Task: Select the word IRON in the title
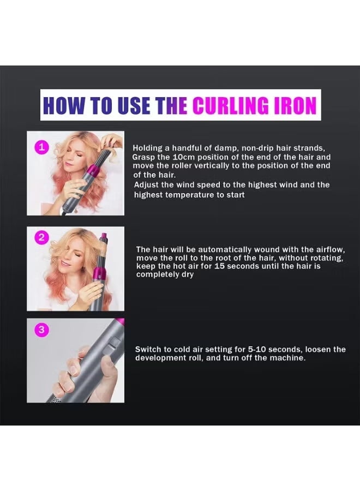tap(294, 105)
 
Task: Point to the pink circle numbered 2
tap(42, 237)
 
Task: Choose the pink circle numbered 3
tap(42, 330)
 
